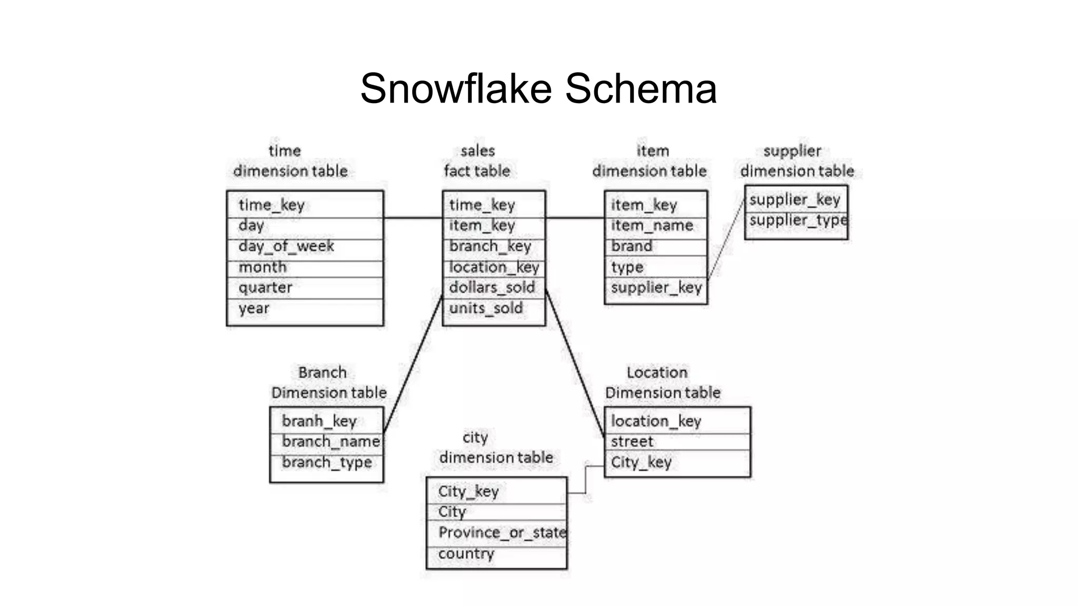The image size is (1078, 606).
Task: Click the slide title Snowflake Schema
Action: [x=538, y=88]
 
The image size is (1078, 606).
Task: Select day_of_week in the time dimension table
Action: [x=286, y=246]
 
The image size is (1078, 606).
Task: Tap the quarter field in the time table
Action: [x=265, y=288]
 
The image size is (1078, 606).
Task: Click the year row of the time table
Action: [x=254, y=308]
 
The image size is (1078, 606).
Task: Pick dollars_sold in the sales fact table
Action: [x=492, y=288]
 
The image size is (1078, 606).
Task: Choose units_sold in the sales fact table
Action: [x=486, y=308]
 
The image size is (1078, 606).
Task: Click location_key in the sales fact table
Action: [x=494, y=267]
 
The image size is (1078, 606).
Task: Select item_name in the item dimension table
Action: [x=652, y=226]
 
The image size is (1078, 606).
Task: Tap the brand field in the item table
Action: [x=632, y=246]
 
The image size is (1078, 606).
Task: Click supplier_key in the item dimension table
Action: [x=656, y=288]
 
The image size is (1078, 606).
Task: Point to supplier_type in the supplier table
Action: [x=797, y=220]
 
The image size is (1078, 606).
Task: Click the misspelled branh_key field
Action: [x=320, y=421]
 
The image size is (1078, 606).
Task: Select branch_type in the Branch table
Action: [x=327, y=462]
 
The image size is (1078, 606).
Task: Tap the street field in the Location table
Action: [x=632, y=441]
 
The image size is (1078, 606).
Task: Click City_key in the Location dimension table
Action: [x=641, y=462]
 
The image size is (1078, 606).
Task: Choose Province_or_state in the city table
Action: [x=502, y=532]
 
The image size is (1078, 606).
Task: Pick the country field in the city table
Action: [x=466, y=553]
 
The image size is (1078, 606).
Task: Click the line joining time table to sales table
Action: [x=413, y=217]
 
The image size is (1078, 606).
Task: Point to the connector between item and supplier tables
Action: [x=726, y=239]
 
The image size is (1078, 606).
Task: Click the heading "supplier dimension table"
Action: [x=796, y=161]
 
